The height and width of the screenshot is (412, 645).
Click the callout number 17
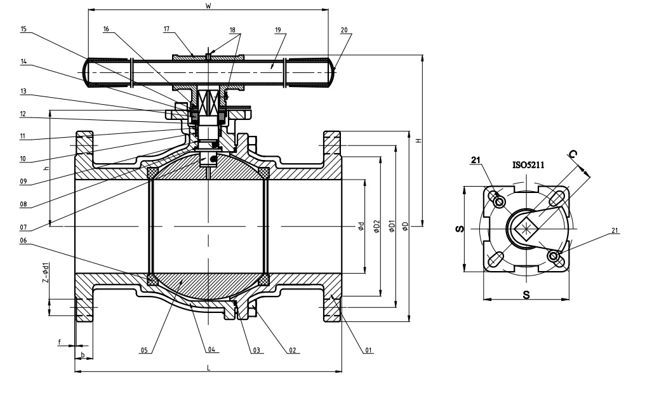coord(167,29)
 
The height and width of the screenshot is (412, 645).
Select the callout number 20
coord(344,29)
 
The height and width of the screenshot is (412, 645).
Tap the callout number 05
coord(145,350)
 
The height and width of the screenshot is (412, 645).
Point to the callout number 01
coord(368,350)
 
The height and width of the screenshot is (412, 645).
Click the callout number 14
coord(23,62)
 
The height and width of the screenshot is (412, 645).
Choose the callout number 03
coord(255,350)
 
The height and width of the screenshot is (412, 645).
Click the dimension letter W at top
coord(208,6)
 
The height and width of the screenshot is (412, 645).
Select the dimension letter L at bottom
coord(208,367)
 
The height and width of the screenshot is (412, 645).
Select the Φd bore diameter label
coord(361,227)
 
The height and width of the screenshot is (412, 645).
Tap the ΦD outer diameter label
coord(404,227)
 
